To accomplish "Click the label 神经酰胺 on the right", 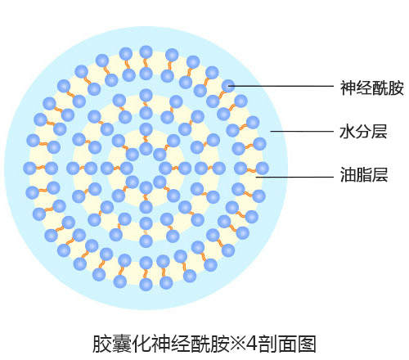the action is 371,88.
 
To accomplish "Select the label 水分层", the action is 363,132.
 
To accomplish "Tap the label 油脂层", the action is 364,174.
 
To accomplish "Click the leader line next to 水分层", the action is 302,132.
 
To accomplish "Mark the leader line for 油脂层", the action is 294,177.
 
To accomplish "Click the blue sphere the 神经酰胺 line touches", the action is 228,86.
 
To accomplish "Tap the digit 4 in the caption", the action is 251,344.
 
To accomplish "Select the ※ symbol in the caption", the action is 237,344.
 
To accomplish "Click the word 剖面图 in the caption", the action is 287,344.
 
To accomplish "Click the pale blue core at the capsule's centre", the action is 146,169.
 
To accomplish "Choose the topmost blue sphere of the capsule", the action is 146,52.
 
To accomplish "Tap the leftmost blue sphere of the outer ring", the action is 29,169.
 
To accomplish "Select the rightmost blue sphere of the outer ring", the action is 263,169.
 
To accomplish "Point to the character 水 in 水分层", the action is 348,132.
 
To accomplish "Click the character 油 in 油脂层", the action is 348,174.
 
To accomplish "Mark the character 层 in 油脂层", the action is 380,174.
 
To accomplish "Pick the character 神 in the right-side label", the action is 348,88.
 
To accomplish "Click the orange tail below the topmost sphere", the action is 146,63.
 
